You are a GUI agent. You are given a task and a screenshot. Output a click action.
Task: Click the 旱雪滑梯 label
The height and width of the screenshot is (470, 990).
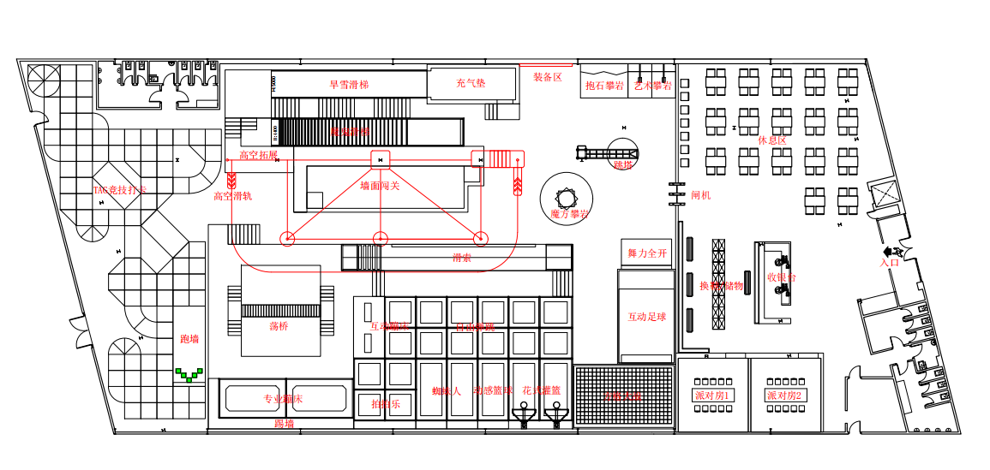click(349, 85)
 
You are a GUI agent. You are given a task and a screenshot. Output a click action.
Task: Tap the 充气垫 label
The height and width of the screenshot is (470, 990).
click(471, 83)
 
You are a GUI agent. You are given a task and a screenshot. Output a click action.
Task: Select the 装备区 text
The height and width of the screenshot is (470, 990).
click(548, 77)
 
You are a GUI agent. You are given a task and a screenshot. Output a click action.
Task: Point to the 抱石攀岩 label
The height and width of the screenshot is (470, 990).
click(604, 86)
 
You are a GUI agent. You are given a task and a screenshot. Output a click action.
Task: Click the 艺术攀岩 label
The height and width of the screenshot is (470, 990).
click(652, 86)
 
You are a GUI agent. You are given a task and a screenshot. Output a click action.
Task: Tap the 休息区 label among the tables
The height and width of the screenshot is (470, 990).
click(771, 140)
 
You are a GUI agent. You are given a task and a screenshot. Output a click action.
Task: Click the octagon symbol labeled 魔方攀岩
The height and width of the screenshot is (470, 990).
click(567, 199)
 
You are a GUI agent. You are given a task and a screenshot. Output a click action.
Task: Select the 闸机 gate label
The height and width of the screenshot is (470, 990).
click(701, 195)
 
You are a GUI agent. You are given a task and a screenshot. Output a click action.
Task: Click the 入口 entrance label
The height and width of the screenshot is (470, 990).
click(889, 263)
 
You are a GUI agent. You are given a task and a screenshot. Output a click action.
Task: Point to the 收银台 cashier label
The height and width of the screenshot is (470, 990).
click(781, 277)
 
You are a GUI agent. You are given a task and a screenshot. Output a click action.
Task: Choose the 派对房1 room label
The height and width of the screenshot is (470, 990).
click(712, 396)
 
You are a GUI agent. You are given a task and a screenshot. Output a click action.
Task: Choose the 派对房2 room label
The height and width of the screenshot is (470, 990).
click(784, 396)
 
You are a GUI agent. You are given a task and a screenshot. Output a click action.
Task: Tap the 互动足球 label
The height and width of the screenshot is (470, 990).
click(646, 317)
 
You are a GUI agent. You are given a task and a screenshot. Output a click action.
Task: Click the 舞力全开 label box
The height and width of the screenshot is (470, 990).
click(646, 253)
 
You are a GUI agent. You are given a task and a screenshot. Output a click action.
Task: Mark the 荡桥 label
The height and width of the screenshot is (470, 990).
click(279, 326)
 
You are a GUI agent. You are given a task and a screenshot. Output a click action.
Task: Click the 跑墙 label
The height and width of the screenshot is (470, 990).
click(189, 339)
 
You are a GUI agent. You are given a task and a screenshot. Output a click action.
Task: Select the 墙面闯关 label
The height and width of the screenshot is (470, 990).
click(380, 186)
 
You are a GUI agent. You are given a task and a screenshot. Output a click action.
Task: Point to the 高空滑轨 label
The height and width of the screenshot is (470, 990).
click(232, 196)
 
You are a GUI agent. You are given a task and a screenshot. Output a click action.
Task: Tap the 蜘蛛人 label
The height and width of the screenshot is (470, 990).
click(447, 391)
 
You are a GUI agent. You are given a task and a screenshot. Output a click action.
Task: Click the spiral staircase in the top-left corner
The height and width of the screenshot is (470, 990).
click(44, 80)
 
